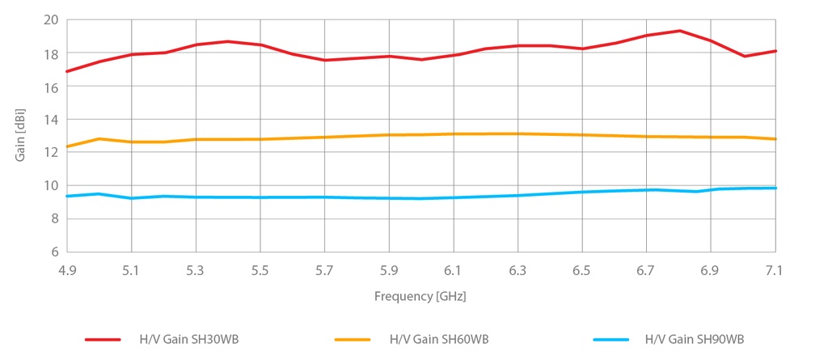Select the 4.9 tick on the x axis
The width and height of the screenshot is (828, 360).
[67, 269]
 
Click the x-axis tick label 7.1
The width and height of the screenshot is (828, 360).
[775, 269]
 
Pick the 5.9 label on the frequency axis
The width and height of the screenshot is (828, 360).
[389, 269]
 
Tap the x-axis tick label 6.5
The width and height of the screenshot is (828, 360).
[581, 269]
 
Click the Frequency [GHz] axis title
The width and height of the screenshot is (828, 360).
[420, 297]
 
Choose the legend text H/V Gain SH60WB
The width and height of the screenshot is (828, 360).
[439, 339]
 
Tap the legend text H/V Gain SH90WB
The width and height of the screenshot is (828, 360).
[695, 339]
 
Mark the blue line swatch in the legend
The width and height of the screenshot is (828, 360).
[611, 340]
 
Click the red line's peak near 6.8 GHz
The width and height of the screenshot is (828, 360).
[679, 31]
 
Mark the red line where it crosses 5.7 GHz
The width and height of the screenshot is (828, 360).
[324, 60]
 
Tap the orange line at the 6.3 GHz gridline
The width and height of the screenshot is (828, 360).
[517, 133]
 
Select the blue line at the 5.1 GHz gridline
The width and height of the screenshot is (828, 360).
[132, 198]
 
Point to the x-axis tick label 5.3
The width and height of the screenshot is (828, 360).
[196, 269]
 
